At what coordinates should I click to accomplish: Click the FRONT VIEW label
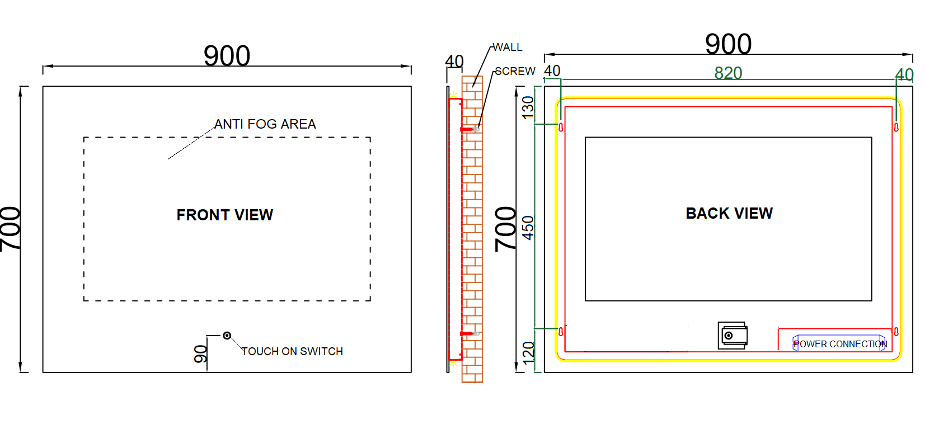224,215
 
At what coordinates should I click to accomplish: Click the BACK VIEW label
729,213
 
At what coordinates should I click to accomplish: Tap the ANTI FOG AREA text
265,124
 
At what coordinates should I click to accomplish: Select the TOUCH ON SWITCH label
292,351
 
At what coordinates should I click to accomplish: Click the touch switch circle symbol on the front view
227,336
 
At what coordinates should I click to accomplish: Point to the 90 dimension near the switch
201,354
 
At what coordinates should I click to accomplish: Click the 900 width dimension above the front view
227,56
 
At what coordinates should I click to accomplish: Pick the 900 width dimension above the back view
729,44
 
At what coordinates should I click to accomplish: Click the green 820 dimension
729,73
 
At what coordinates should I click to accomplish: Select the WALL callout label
508,48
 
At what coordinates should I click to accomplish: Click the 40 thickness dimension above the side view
454,62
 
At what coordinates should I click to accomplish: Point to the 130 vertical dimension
528,108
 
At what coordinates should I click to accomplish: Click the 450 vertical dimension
528,228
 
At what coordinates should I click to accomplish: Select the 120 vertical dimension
528,353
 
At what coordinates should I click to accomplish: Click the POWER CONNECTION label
841,344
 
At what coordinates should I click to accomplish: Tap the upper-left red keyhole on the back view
561,128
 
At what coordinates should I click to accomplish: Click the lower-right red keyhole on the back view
896,331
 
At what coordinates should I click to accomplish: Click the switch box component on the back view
733,336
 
